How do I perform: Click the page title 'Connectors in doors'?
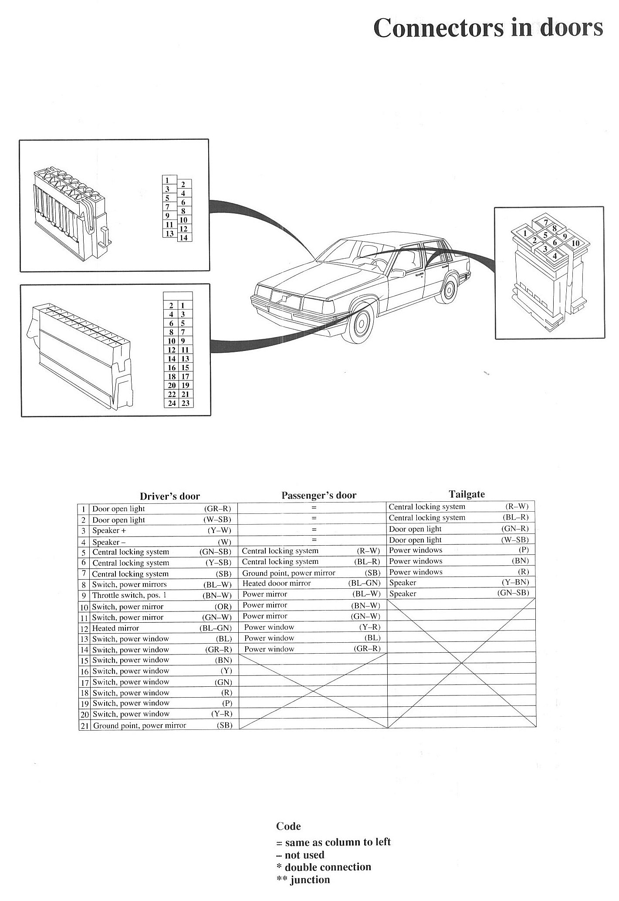(488, 28)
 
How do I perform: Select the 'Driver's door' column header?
(169, 496)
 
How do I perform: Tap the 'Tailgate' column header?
(467, 494)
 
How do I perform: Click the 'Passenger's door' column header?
(318, 495)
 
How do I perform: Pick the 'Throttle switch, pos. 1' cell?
(129, 595)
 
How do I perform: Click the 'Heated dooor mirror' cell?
(277, 584)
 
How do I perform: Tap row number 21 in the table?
(84, 726)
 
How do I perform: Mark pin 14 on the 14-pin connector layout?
(183, 238)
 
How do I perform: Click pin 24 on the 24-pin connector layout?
(172, 403)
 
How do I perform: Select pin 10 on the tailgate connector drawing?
(575, 243)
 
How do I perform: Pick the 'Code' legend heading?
(288, 827)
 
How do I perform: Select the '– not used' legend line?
(300, 855)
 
